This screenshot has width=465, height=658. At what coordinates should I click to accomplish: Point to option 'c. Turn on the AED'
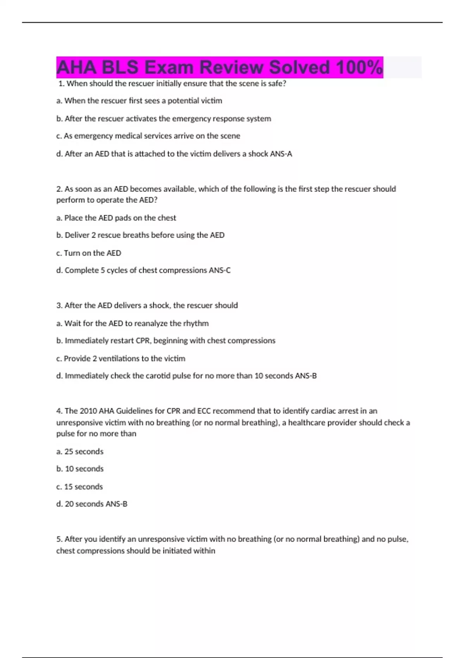pyautogui.click(x=89, y=253)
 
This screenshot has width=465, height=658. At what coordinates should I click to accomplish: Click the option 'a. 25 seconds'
pyautogui.click(x=80, y=451)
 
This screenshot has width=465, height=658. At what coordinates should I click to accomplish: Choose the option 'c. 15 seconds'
pyautogui.click(x=79, y=487)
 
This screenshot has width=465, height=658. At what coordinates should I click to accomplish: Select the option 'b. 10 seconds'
pyautogui.click(x=80, y=469)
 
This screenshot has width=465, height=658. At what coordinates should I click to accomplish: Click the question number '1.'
pyautogui.click(x=61, y=84)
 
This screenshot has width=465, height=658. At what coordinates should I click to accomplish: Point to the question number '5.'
pyautogui.click(x=59, y=539)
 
